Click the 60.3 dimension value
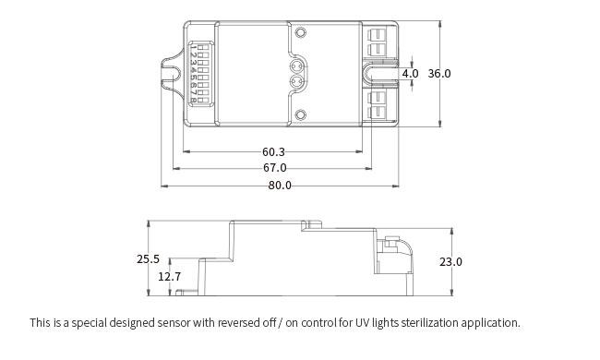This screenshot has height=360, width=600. (273, 152)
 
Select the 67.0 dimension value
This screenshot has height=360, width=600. (274, 168)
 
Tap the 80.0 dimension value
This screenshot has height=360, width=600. (280, 186)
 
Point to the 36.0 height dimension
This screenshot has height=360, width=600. (439, 74)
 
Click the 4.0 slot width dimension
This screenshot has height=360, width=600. (410, 74)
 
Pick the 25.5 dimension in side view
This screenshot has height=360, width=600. (148, 259)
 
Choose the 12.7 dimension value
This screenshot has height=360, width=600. (170, 276)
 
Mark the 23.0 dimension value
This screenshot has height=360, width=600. (450, 262)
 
